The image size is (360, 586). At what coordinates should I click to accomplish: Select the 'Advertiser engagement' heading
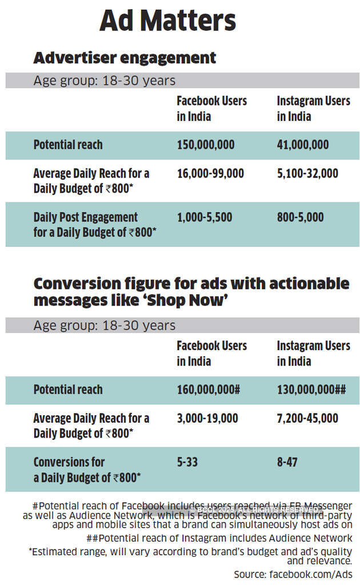125,58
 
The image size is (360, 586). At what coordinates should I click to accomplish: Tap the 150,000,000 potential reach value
205,145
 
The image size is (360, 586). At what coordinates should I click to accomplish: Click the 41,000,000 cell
302,145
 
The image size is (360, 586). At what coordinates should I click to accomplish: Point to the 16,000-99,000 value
210,173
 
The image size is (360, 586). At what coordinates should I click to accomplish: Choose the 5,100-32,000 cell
307,173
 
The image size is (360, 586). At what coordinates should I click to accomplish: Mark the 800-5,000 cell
300,217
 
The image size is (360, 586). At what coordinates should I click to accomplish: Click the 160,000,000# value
208,390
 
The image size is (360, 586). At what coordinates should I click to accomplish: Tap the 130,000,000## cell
311,390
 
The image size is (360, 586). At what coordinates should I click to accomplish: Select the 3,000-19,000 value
207,418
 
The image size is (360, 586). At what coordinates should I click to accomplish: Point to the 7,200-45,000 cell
307,418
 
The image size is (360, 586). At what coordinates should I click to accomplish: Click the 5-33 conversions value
187,461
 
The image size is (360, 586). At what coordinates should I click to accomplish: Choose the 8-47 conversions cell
287,461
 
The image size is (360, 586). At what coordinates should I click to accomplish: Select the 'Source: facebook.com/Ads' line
293,574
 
